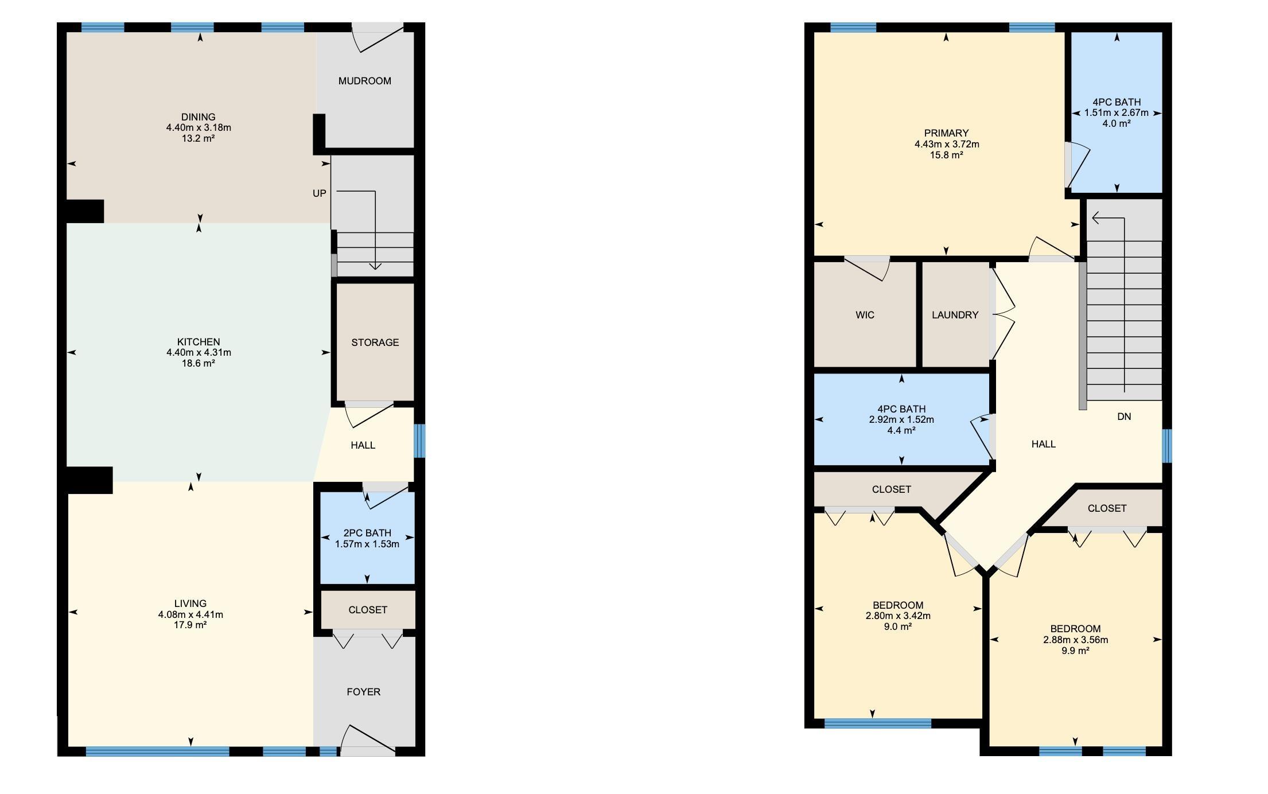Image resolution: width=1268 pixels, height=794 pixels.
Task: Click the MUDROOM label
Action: coord(365,81)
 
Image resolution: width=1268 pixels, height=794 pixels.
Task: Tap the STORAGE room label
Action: coord(375,342)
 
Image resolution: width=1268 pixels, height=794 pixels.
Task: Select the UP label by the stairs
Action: coord(320,193)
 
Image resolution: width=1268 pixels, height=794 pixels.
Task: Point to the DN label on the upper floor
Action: coord(1124,417)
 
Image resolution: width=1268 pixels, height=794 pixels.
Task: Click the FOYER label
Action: coord(364,692)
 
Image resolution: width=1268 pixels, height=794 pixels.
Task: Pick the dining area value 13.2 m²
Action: coord(199,138)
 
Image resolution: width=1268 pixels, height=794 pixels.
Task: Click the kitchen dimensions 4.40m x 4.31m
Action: coord(199,352)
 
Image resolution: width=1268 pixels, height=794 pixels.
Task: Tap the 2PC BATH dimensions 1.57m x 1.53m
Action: coord(367,544)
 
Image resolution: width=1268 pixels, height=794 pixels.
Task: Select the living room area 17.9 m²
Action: coord(190,625)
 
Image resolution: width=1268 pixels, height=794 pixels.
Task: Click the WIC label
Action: coord(865,315)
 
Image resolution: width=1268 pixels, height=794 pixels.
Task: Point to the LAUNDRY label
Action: coord(955,315)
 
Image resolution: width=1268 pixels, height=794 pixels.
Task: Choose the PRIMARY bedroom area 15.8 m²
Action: coord(947,155)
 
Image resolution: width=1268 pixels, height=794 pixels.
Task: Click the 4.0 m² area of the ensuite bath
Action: coord(1117,123)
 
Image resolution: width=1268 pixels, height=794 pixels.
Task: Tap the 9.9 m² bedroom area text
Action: coord(1075,651)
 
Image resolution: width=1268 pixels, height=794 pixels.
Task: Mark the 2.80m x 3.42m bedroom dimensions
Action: coord(898,616)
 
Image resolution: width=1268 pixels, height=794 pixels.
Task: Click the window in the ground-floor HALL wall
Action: coord(420,441)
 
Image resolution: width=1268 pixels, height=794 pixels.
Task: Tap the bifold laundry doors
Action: coord(1002,314)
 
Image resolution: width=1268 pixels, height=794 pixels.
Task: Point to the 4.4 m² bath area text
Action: coord(901,430)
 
